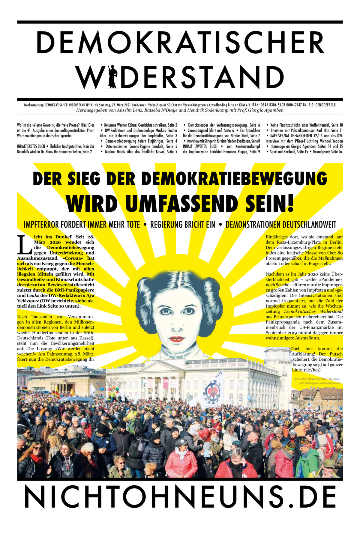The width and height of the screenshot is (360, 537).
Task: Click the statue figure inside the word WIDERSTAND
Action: click(x=112, y=77)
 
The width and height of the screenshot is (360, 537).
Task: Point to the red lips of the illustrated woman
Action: click(x=176, y=339)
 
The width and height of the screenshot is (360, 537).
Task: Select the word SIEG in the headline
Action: click(x=85, y=179)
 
